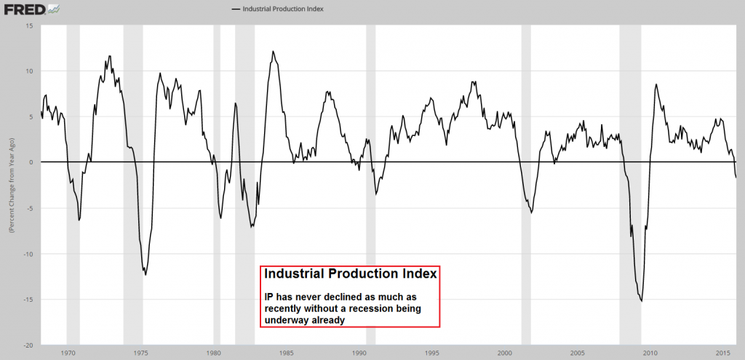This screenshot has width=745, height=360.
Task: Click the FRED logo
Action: click(23, 9)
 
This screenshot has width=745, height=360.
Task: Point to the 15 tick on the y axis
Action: click(29, 25)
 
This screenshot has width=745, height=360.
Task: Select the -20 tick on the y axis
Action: click(28, 345)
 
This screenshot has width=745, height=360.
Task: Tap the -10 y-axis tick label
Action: click(28, 254)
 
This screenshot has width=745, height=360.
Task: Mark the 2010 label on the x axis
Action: click(650, 353)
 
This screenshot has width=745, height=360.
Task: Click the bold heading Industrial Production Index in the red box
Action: click(350, 275)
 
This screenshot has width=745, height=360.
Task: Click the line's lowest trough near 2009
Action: click(641, 300)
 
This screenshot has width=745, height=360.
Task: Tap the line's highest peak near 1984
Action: click(273, 52)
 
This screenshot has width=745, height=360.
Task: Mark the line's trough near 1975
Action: click(146, 274)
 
